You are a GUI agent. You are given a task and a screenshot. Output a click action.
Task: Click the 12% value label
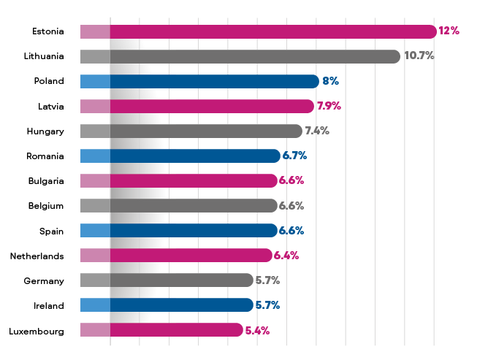pos(449,31)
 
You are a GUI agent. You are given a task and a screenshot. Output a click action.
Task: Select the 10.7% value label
pos(419,56)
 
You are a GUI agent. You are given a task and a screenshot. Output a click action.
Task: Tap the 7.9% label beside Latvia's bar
pos(329,106)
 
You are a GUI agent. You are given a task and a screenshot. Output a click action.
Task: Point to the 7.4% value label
pos(317,131)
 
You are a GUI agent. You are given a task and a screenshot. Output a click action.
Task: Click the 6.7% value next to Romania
pos(294,156)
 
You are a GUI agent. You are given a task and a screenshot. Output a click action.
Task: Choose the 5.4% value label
pos(257,330)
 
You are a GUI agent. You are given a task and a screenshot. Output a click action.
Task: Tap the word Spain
pos(52,231)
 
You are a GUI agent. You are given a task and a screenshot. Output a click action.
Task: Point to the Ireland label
pos(50,305)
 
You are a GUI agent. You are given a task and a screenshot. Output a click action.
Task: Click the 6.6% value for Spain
pos(291,231)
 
